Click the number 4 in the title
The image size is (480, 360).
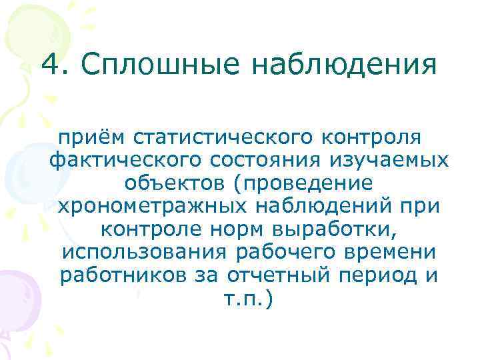tap(51, 65)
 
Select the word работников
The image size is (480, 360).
tap(117, 275)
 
